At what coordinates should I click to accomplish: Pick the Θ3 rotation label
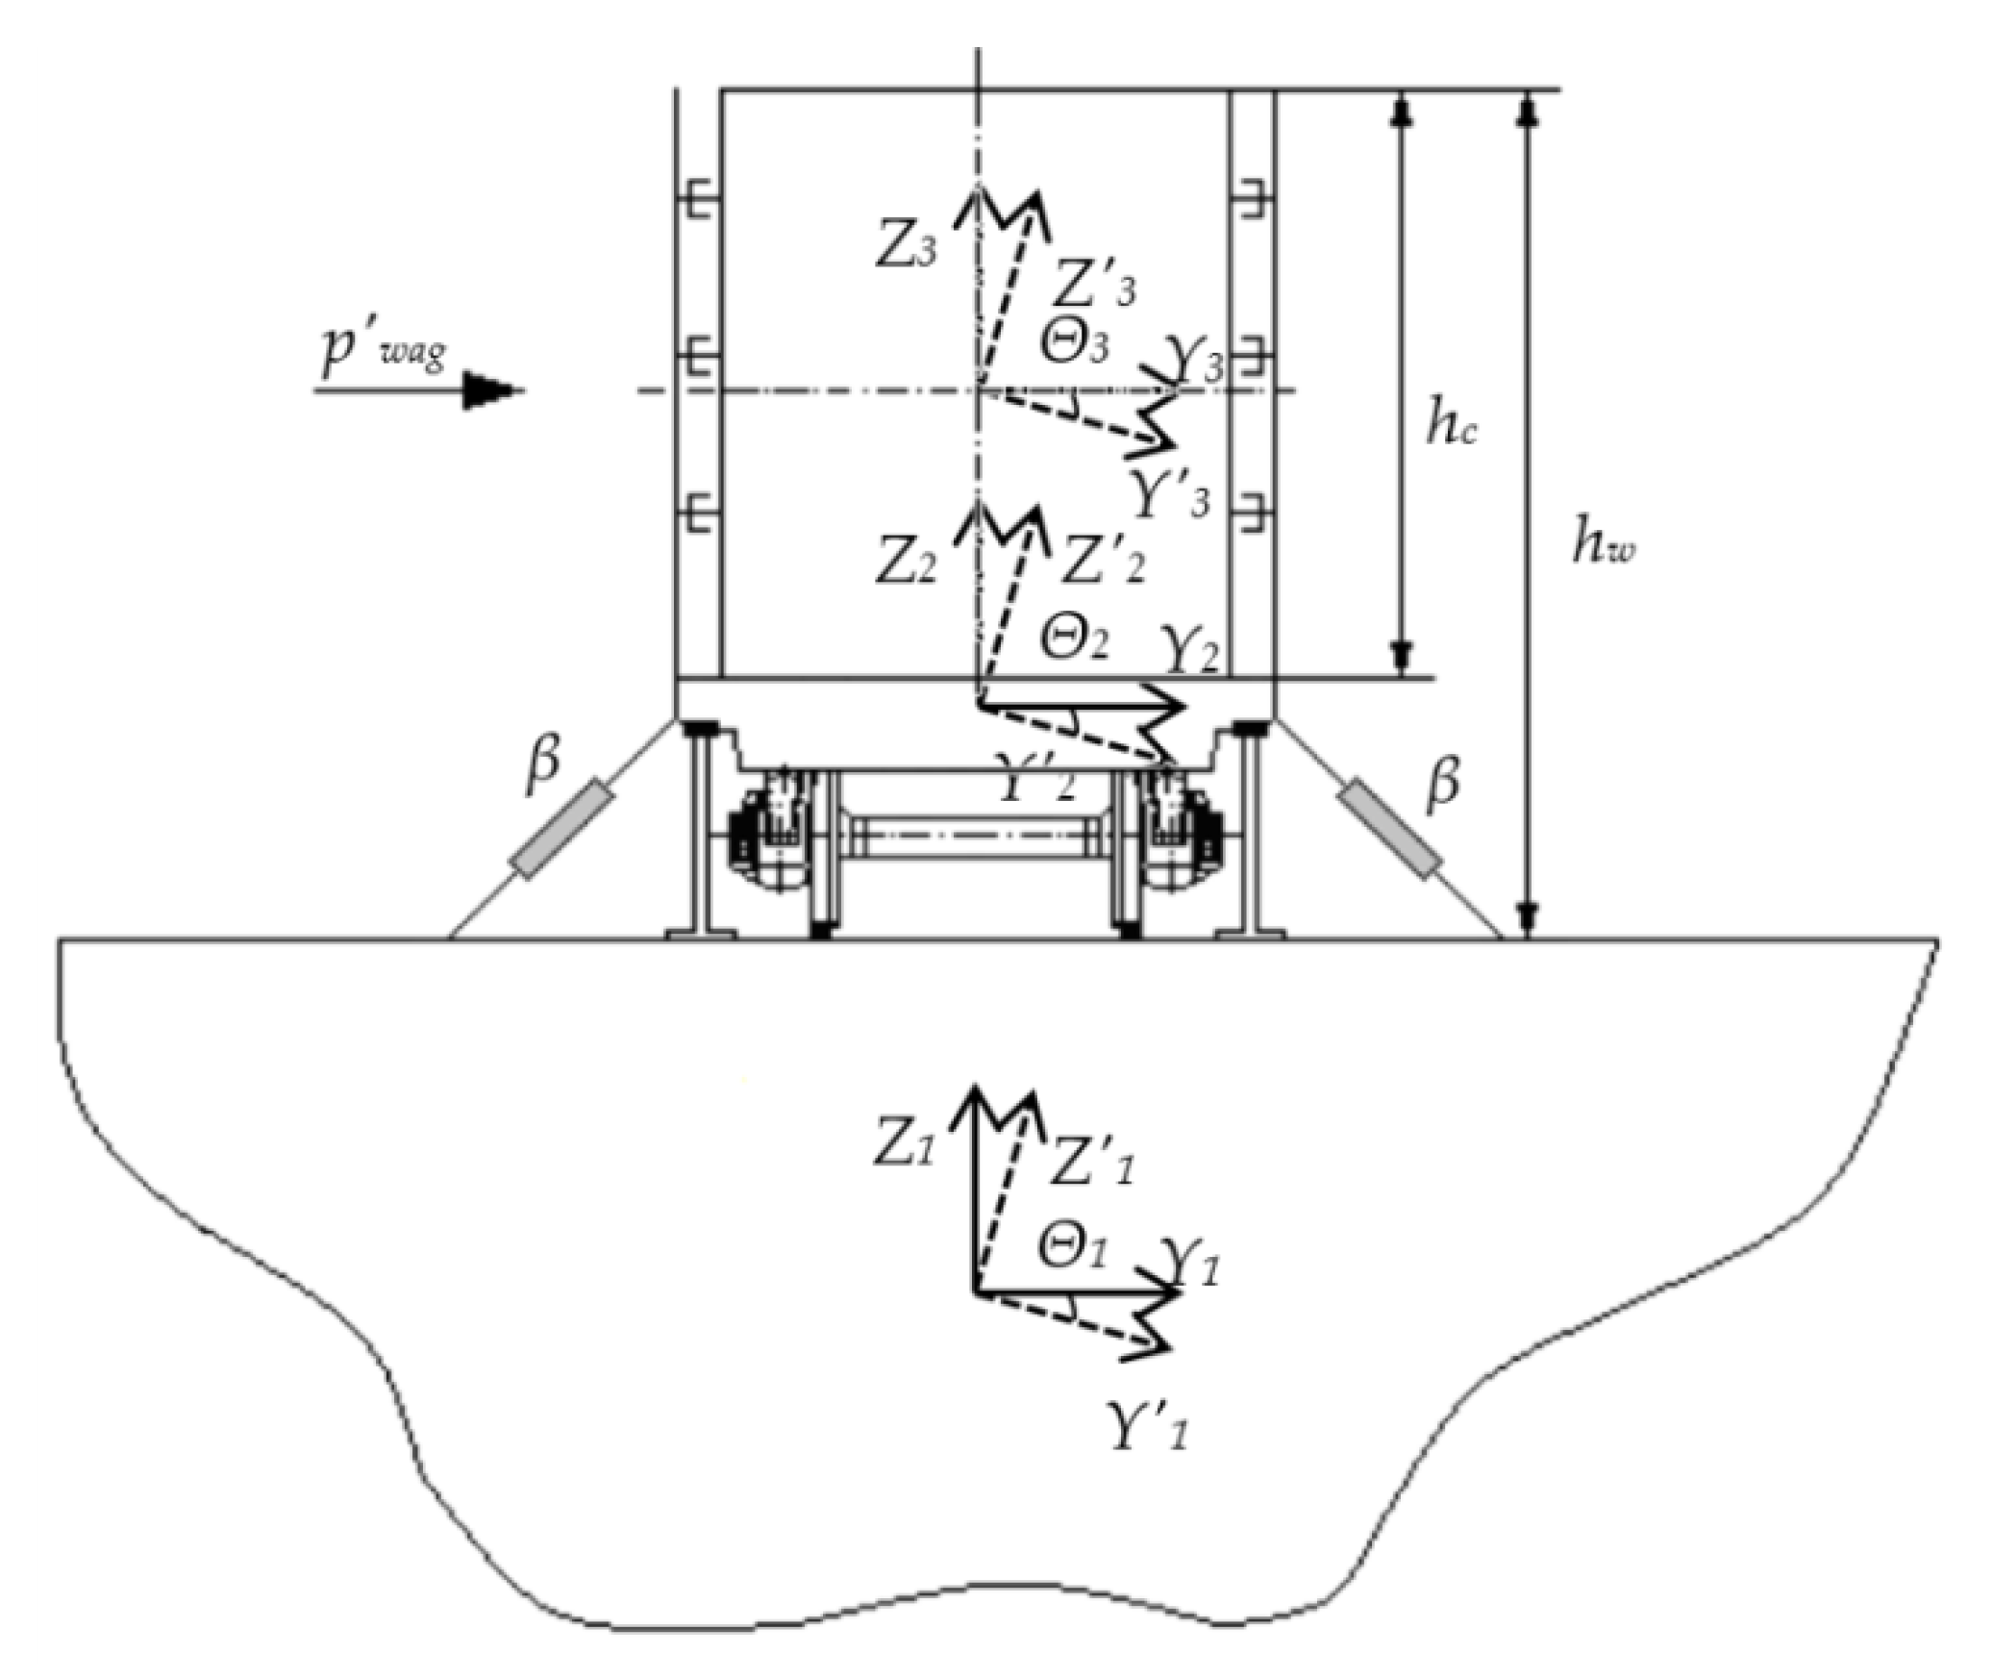point(1074,343)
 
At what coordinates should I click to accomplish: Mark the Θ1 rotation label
point(1072,1247)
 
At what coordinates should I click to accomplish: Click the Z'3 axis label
point(1096,284)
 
